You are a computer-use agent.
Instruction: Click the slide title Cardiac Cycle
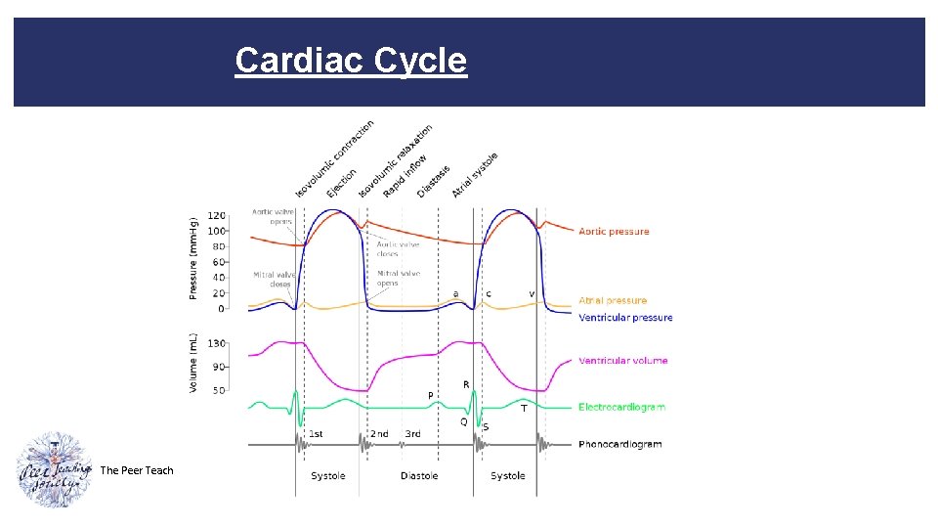[351, 61]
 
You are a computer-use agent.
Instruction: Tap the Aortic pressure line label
[614, 232]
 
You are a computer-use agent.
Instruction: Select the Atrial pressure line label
[613, 301]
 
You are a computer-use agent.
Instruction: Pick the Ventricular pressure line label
[625, 318]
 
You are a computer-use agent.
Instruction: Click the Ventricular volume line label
[623, 361]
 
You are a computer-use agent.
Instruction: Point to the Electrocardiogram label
[621, 407]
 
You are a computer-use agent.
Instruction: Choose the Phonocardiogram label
[619, 444]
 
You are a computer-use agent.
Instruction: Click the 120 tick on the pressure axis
[216, 215]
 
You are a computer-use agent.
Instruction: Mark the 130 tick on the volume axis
[216, 343]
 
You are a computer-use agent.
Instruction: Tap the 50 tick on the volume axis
[219, 390]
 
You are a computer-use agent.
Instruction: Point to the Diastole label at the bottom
[419, 476]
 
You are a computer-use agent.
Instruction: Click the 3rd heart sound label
[413, 434]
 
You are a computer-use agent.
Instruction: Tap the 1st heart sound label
[317, 434]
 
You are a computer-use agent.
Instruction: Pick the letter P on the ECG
[430, 395]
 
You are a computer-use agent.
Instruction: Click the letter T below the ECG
[524, 409]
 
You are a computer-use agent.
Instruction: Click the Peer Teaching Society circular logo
[55, 469]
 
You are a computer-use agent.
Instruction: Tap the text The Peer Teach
[137, 470]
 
